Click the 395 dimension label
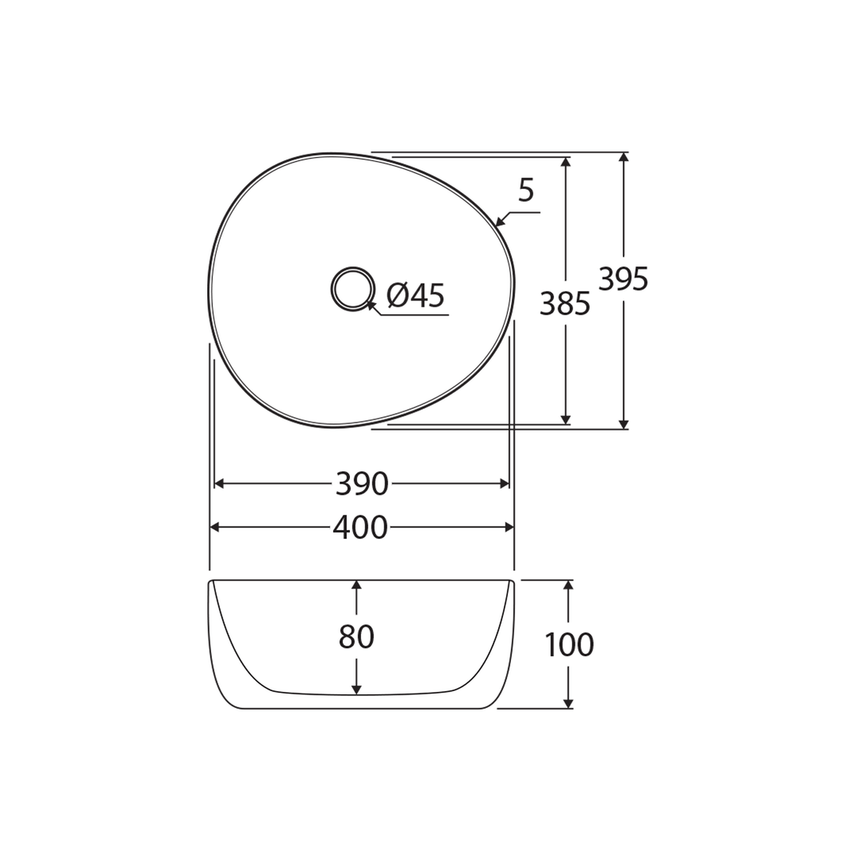(623, 279)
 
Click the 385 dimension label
(564, 304)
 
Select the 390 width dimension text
(361, 484)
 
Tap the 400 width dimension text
(360, 528)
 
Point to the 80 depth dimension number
(356, 637)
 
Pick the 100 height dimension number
(568, 645)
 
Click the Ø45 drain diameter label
(415, 296)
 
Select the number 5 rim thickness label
(525, 191)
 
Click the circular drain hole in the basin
(352, 289)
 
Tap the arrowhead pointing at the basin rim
(500, 222)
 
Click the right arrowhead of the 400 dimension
(509, 527)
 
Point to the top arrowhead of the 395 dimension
(623, 158)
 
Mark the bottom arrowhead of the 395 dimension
(623, 424)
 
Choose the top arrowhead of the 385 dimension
(565, 162)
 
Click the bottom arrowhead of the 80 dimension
(356, 690)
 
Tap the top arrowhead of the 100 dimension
(568, 585)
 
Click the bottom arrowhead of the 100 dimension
(568, 703)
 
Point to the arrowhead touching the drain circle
(371, 305)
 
